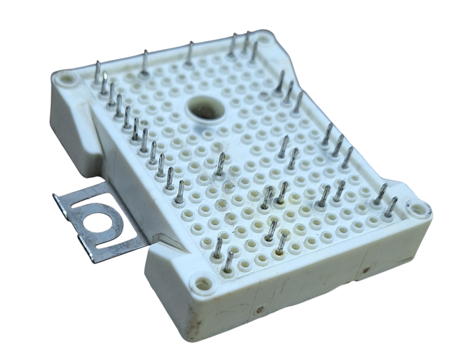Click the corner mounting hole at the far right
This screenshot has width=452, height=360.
click(415, 209)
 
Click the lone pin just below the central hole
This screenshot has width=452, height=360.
click(221, 164)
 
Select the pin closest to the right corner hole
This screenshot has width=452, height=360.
click(391, 206)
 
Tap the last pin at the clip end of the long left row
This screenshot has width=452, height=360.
click(179, 192)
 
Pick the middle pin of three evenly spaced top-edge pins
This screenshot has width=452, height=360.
click(189, 53)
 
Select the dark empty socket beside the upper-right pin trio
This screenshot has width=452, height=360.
click(265, 96)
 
